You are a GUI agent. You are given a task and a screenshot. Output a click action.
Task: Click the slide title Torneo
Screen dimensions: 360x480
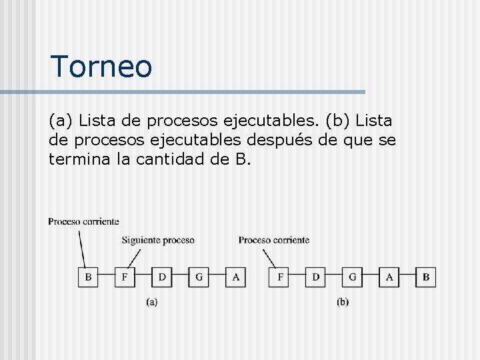coord(101,66)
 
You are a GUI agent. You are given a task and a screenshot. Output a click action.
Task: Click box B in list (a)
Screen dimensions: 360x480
coord(88,277)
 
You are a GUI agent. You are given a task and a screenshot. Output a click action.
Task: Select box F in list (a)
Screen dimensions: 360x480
coord(125,277)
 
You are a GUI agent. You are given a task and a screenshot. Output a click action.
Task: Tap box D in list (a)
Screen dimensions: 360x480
coord(162,277)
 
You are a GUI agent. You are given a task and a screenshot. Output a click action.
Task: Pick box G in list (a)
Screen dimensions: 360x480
coord(199,277)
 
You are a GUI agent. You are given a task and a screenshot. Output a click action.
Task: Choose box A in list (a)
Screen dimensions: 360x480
coord(235,277)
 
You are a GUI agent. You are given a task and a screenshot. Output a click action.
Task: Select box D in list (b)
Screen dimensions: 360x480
coord(316,277)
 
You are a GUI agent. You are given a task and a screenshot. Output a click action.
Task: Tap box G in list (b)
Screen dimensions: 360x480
coord(353,277)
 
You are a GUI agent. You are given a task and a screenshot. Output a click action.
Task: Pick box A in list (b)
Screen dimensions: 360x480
coord(389,277)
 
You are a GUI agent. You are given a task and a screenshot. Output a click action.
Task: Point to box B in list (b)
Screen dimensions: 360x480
coord(426,277)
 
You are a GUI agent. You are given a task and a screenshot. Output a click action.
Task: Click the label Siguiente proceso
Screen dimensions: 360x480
coord(158,240)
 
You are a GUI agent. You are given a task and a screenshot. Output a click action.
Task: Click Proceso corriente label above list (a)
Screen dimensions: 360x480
coord(83,221)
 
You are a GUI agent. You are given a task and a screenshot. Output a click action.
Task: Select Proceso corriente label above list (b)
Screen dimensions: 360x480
coord(273,240)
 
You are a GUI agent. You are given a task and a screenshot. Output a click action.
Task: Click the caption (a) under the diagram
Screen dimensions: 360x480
coord(152,302)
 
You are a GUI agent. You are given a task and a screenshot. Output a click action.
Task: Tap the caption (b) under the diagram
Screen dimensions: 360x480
coord(343,302)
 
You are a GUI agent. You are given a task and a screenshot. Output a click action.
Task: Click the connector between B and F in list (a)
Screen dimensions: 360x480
coord(107,277)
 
